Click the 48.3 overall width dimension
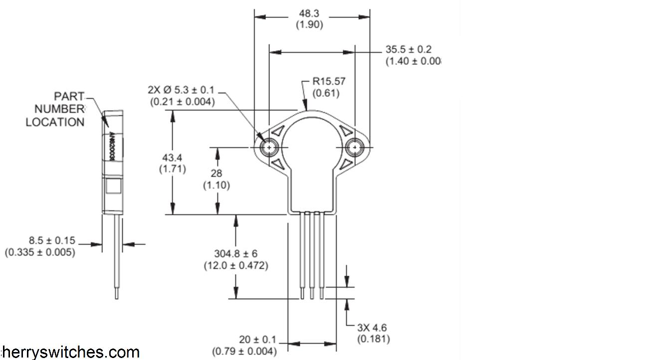click(x=309, y=14)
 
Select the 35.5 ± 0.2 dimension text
click(x=408, y=49)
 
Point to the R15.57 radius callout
click(x=329, y=81)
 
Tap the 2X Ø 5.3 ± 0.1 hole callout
click(x=181, y=90)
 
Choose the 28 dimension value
click(x=216, y=174)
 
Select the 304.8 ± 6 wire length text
click(x=235, y=254)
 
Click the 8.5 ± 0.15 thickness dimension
click(x=41, y=241)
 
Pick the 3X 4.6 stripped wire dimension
click(x=372, y=328)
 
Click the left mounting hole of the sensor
click(x=270, y=148)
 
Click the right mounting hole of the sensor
click(x=355, y=148)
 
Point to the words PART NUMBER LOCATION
click(x=55, y=109)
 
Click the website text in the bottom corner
click(x=70, y=352)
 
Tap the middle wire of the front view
click(x=312, y=254)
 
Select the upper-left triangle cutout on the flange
click(x=277, y=131)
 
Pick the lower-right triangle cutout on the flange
click(x=347, y=164)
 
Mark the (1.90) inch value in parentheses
click(x=309, y=24)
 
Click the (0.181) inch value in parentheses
click(x=373, y=340)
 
